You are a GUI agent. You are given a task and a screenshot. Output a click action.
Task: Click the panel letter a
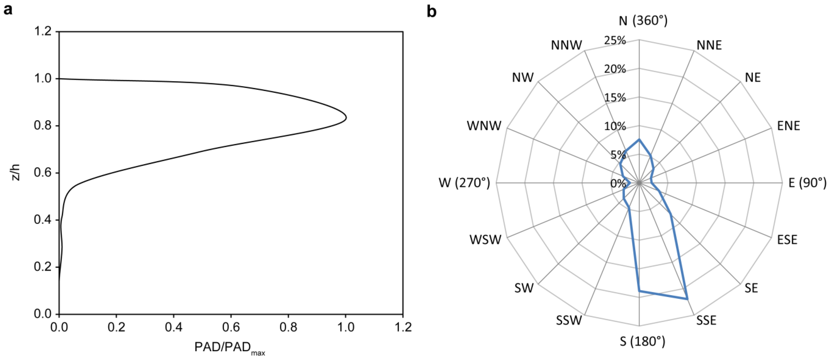(x=8, y=10)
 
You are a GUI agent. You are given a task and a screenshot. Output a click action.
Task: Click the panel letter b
(x=431, y=12)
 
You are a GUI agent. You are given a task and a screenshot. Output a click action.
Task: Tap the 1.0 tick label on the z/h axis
(x=43, y=79)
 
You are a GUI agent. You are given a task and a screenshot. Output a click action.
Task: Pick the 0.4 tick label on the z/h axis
(x=43, y=220)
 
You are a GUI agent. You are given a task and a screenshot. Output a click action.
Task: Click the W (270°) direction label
(x=464, y=183)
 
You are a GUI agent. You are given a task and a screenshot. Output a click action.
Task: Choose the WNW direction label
(x=484, y=126)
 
